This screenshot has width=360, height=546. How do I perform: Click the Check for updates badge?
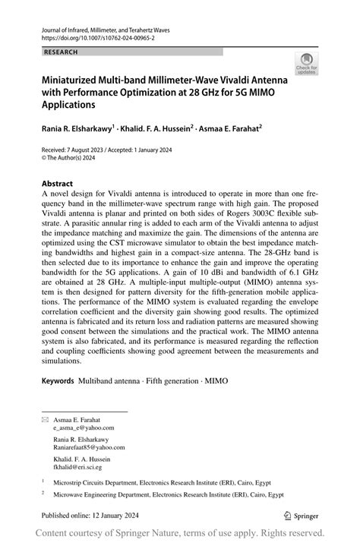[306, 63]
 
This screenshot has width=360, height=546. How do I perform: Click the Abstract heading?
[57, 184]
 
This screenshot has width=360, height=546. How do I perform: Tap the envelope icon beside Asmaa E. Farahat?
[45, 419]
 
